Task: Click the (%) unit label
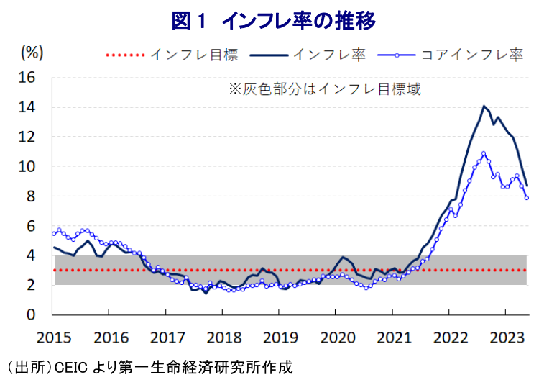click(32, 52)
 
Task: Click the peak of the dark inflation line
click(484, 107)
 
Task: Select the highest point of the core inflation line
click(484, 153)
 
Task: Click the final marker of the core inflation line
click(527, 198)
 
